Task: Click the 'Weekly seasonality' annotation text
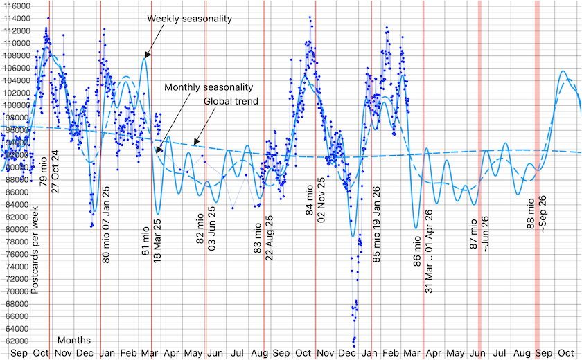(189, 18)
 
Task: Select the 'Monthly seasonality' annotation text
(209, 87)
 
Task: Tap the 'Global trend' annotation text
(231, 101)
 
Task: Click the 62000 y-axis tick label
(15, 341)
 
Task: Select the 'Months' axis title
(74, 341)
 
